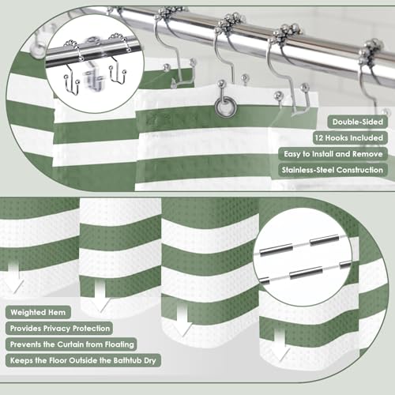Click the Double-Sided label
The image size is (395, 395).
click(x=358, y=122)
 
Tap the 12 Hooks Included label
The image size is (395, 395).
click(x=350, y=137)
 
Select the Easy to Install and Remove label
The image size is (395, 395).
click(x=333, y=154)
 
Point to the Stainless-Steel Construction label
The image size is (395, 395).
click(x=333, y=170)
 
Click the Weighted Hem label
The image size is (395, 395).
click(x=38, y=312)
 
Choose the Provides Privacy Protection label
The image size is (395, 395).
click(x=59, y=329)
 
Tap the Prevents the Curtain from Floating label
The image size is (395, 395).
click(x=71, y=344)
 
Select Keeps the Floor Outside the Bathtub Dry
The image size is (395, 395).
click(x=83, y=360)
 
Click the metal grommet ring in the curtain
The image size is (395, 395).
click(x=225, y=106)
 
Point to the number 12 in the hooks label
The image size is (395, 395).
click(x=319, y=137)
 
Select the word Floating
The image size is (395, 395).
click(x=119, y=344)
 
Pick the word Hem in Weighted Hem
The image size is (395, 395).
click(x=57, y=312)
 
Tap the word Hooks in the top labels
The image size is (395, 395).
click(x=337, y=137)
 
